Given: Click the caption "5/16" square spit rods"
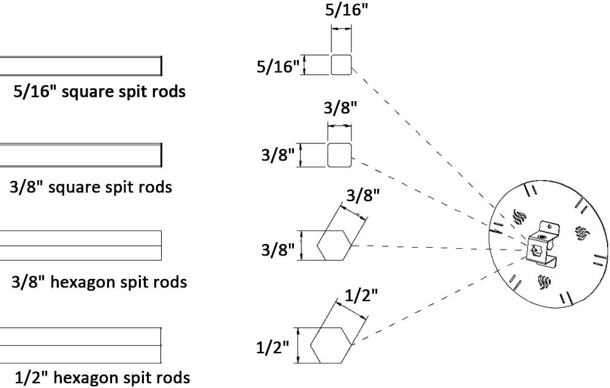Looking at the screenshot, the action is point(100,92).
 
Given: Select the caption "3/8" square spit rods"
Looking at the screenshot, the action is point(91,187).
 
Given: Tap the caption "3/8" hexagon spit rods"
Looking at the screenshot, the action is point(99,282).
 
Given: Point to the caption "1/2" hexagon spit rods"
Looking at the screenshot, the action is point(102,378).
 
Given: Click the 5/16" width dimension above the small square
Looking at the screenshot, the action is point(346,9).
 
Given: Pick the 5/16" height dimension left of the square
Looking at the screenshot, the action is point(278,67).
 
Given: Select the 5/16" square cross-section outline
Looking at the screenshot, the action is point(341,64).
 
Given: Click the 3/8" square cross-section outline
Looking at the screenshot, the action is point(340,155).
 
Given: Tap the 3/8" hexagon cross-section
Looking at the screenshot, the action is point(334,245).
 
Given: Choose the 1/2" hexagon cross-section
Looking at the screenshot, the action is point(331,345).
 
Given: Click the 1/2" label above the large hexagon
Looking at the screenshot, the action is point(361,296).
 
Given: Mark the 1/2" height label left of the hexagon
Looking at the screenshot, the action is point(273,347).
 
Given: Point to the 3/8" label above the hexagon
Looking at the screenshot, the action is point(363,195).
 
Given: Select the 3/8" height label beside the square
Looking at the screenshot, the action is point(278,155).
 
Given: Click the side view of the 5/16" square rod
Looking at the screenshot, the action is point(80,66).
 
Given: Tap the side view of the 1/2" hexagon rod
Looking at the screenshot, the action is point(80,345).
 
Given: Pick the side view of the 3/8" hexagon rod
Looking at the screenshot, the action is point(80,245).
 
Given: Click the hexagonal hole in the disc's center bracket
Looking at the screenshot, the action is point(536,249).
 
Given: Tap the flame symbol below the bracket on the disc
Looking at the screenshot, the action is point(544,281).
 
